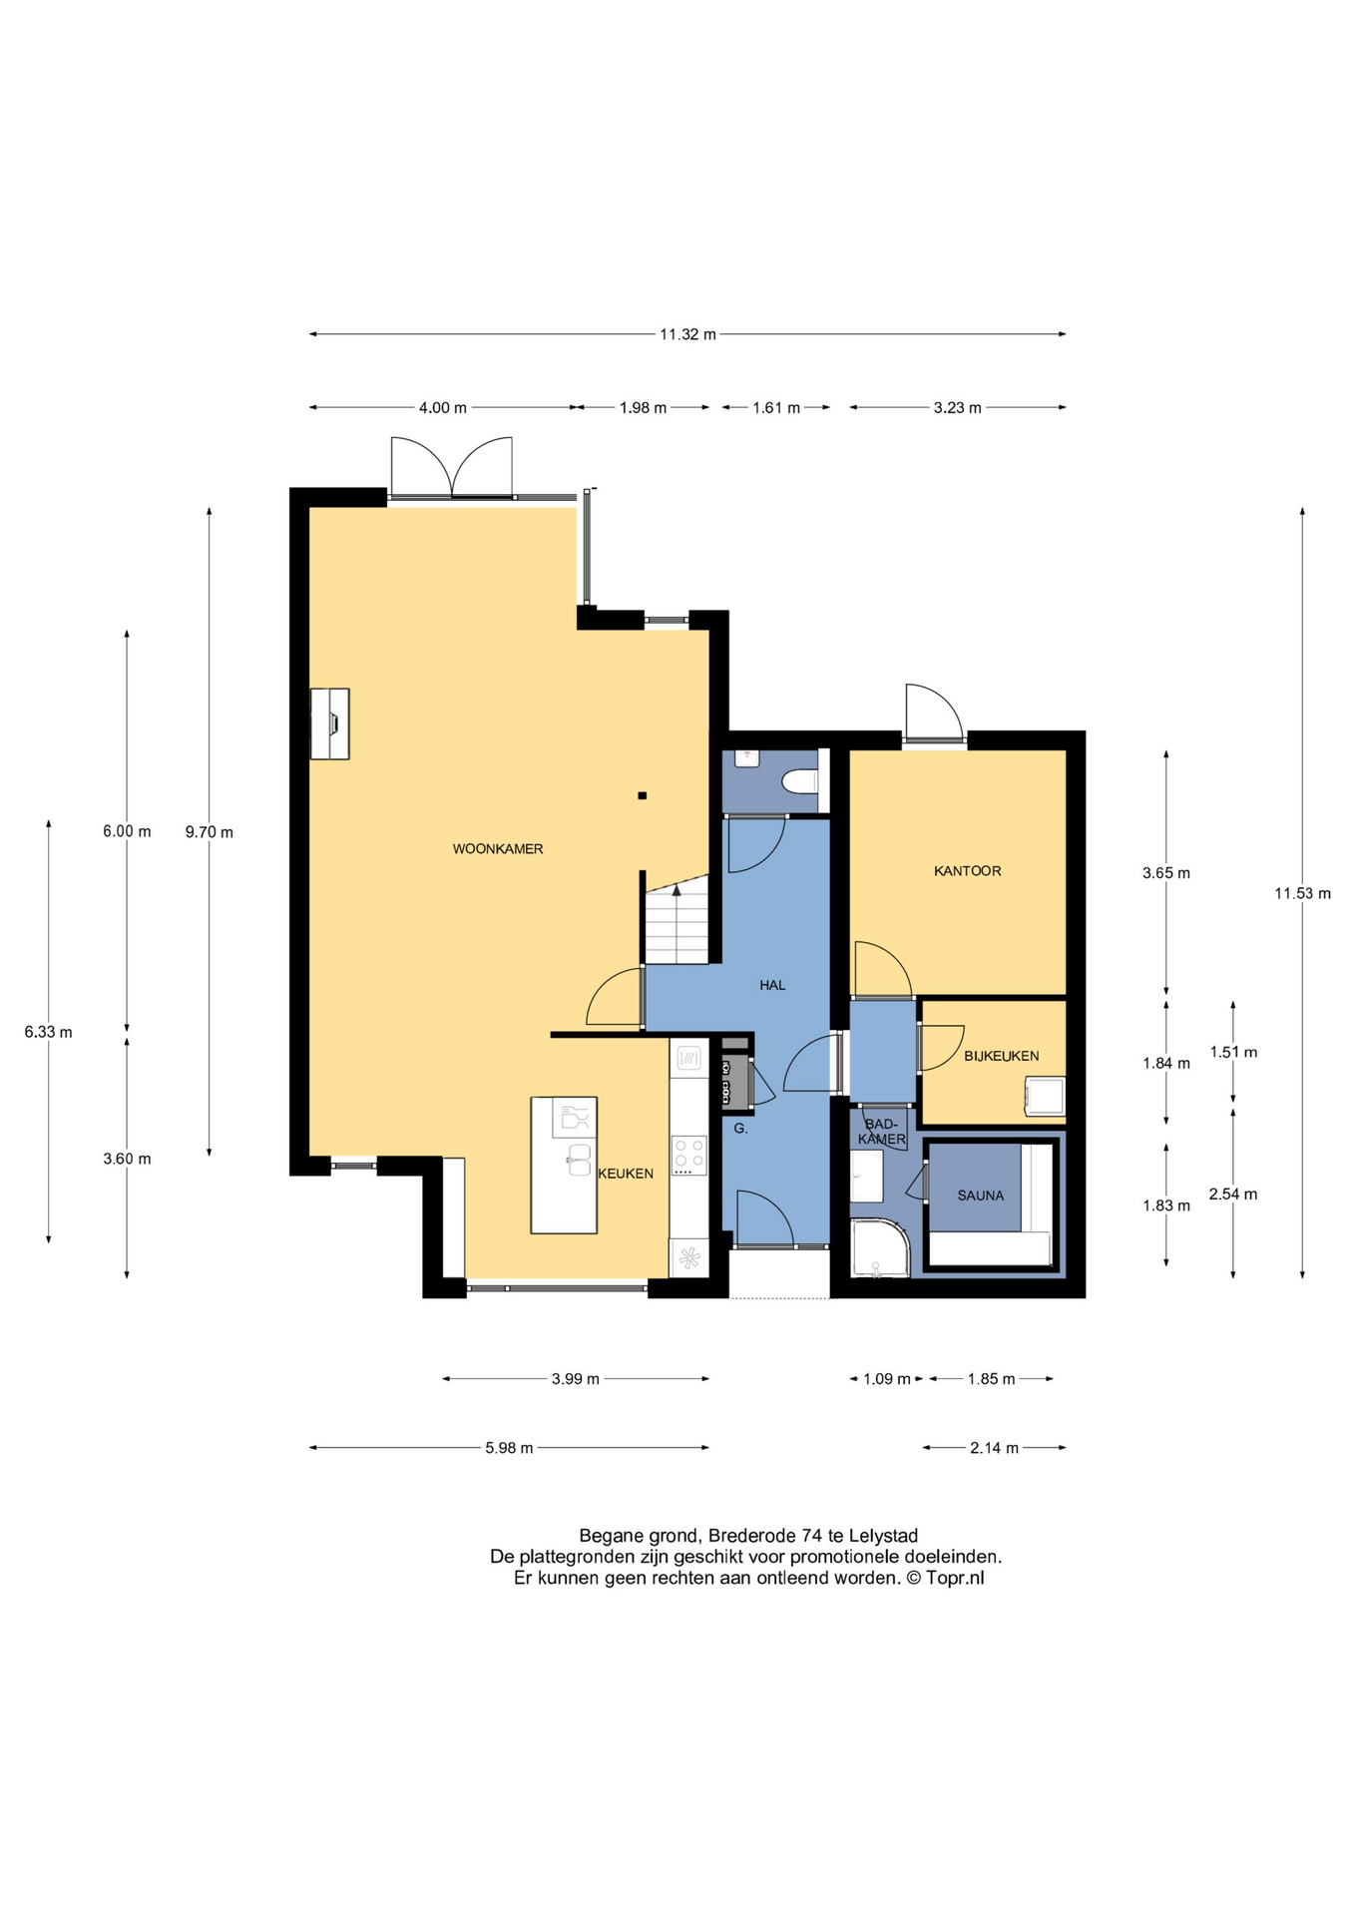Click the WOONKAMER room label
pyautogui.click(x=498, y=849)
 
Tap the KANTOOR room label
pyautogui.click(x=967, y=871)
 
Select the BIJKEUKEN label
pyautogui.click(x=1001, y=1056)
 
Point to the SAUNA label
pyautogui.click(x=980, y=1196)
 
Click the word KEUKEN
pyautogui.click(x=626, y=1174)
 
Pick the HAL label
pyautogui.click(x=772, y=985)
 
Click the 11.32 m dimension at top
pyautogui.click(x=687, y=334)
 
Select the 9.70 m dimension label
pyautogui.click(x=209, y=832)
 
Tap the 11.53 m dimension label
pyautogui.click(x=1302, y=893)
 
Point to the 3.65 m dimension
pyautogui.click(x=1166, y=873)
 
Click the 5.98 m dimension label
pyautogui.click(x=509, y=1448)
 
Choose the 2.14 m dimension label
pyautogui.click(x=994, y=1448)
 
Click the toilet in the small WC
pyautogui.click(x=799, y=781)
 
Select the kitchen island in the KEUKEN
pyautogui.click(x=564, y=1166)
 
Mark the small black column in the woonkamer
pyautogui.click(x=643, y=795)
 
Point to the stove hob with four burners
pyautogui.click(x=689, y=1156)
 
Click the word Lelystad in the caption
pyautogui.click(x=883, y=1536)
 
